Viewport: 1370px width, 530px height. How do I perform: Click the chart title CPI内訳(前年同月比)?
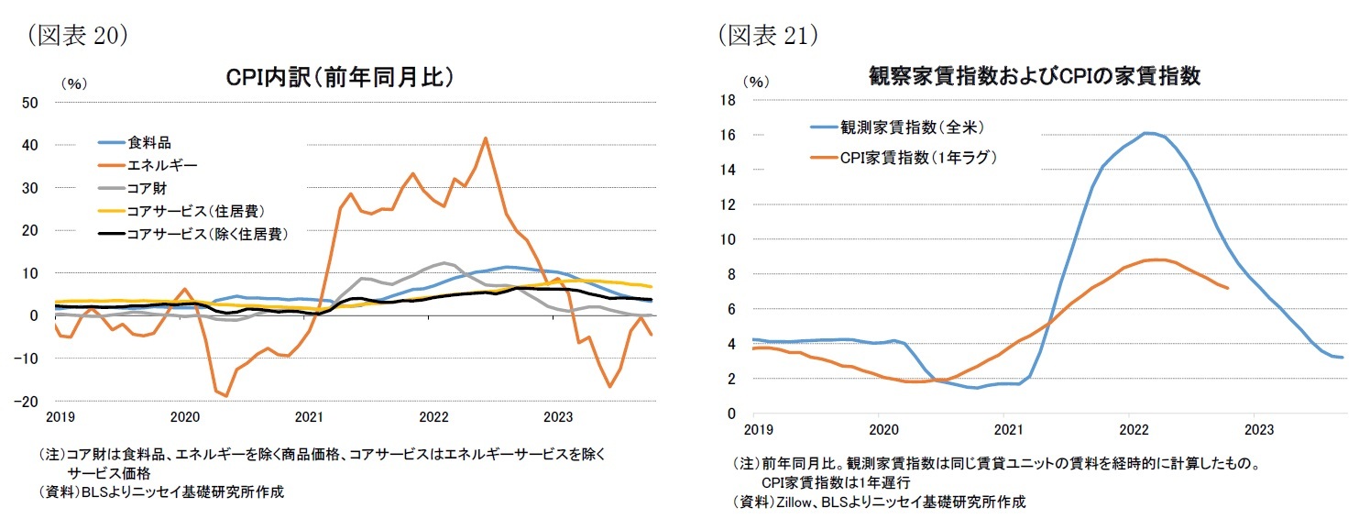click(340, 77)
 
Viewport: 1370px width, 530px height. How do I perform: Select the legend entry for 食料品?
click(148, 142)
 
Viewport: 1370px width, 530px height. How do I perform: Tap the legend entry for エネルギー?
click(161, 165)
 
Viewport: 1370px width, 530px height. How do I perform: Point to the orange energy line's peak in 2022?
click(485, 138)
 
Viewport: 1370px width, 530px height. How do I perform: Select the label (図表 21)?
click(767, 34)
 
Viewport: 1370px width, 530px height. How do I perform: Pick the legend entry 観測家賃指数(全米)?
click(912, 127)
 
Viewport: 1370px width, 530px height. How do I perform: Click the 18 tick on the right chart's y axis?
click(729, 99)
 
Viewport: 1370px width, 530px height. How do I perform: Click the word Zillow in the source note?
click(797, 502)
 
